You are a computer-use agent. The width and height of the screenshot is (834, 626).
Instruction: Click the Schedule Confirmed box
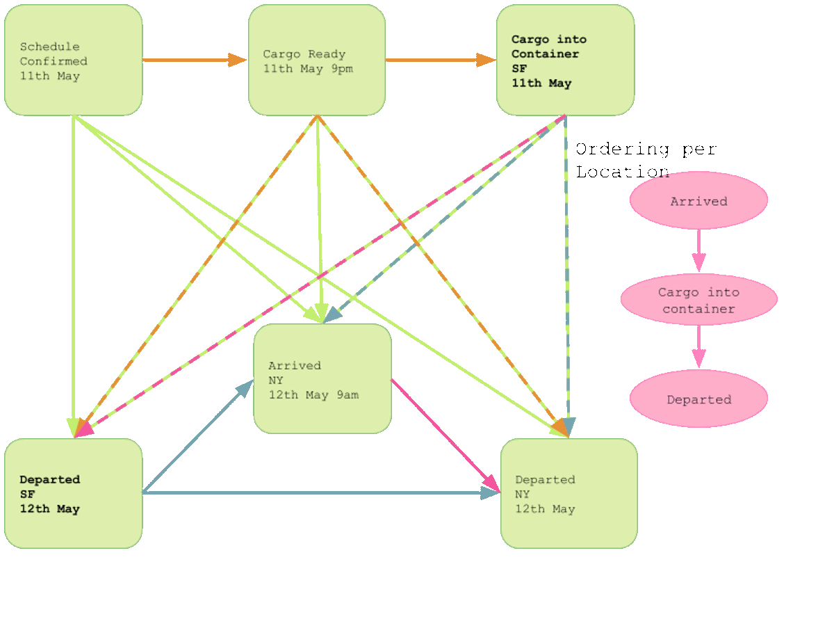tap(73, 60)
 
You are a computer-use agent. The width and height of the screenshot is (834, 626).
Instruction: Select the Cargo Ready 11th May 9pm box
tap(316, 60)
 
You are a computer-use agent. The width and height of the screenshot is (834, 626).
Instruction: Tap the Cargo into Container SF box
tap(565, 60)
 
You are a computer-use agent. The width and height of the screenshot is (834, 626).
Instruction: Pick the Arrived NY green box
tap(322, 379)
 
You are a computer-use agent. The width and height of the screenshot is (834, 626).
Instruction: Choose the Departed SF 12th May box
tap(73, 493)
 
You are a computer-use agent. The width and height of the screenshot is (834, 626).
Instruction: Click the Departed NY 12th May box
tap(569, 493)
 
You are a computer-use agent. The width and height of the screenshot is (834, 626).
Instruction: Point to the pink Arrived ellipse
tap(698, 200)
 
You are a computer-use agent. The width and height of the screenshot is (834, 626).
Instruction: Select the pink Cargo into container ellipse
tap(698, 300)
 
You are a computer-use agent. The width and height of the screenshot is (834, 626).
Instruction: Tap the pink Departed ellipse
tap(698, 399)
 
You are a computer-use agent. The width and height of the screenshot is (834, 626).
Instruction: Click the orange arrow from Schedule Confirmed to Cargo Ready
tap(195, 60)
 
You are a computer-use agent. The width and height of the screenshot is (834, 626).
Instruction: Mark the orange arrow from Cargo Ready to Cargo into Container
tap(441, 60)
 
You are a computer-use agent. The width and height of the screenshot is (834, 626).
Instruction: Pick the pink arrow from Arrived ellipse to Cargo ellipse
tap(698, 250)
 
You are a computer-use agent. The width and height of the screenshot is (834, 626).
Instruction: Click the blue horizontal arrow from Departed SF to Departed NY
tap(320, 493)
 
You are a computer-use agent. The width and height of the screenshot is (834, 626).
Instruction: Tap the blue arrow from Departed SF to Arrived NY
tap(197, 437)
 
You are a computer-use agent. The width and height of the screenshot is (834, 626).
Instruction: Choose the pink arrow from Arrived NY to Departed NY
tap(445, 435)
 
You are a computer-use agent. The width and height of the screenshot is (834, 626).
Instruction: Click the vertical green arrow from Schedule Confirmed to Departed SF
tap(73, 278)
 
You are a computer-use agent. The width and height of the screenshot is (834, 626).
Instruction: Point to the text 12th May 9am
tap(314, 395)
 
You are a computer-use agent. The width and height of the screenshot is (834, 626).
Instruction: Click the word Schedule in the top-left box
tap(49, 47)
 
